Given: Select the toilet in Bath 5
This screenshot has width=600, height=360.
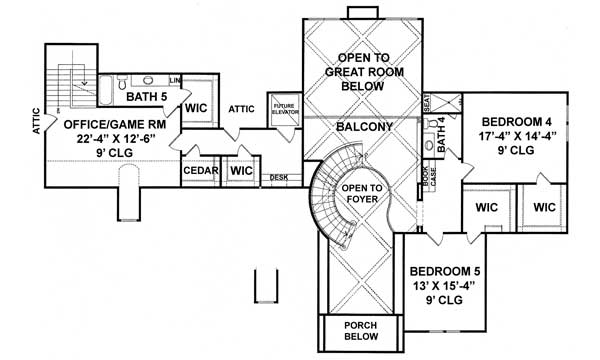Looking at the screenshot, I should point(148,80).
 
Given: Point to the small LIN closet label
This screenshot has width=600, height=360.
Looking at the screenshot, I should point(175,80).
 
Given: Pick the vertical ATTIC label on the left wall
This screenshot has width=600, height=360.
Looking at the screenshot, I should point(35,121).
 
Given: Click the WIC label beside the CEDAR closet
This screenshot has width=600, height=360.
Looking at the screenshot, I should point(241,171).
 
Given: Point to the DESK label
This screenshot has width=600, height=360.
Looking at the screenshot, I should point(279,178).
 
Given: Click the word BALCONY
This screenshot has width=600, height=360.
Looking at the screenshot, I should point(357,128).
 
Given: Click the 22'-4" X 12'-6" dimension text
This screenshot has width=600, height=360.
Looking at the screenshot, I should point(107,139).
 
